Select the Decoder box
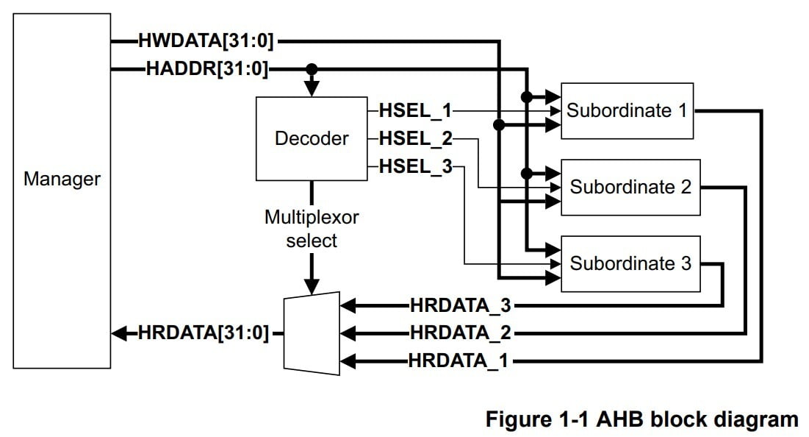pos(312,138)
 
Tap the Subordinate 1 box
pos(627,110)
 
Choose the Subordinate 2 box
pos(630,187)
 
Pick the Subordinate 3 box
pos(630,263)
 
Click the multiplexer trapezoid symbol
pos(312,333)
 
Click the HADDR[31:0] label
pos(207,70)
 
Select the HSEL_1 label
pos(415,111)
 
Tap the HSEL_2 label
pos(415,138)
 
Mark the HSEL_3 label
pos(415,166)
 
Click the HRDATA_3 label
pos(460,305)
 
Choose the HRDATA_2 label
pos(460,333)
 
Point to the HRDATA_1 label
pos(460,360)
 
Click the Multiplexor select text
pos(312,229)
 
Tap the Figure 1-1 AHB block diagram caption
pos(641,419)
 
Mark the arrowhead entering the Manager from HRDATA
pos(118,333)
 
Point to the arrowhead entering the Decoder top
pos(312,89)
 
